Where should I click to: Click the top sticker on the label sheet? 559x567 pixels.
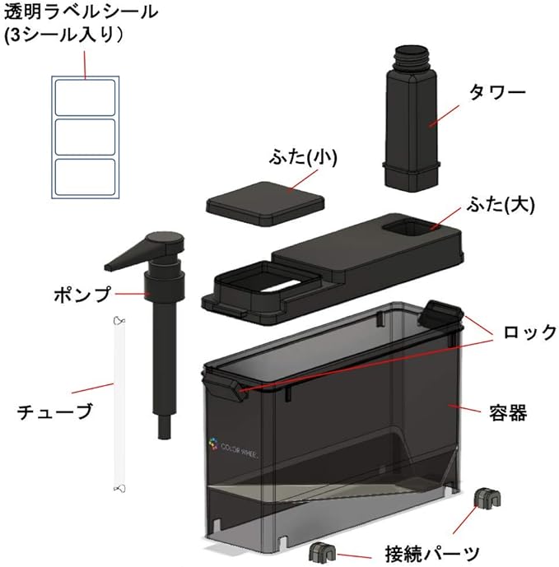(85, 97)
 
